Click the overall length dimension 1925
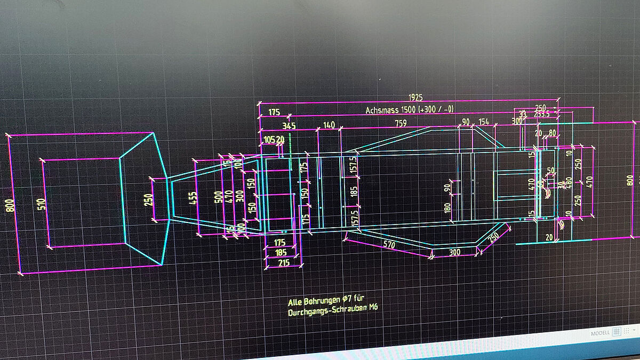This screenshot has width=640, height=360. tap(415, 98)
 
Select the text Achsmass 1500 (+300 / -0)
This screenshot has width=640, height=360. tap(410, 110)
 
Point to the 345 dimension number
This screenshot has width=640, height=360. tap(289, 126)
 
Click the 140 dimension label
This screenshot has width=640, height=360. tap(329, 125)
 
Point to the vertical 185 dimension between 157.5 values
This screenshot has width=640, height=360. tap(355, 191)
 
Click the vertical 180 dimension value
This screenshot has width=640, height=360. tap(447, 206)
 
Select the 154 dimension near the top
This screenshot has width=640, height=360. tap(483, 122)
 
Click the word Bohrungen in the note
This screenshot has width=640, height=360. tap(322, 302)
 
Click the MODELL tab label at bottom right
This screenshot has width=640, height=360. tap(599, 333)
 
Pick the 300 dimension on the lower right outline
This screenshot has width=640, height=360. tap(454, 252)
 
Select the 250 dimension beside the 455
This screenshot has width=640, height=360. tap(149, 199)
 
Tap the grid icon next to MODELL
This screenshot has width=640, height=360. tap(616, 332)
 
